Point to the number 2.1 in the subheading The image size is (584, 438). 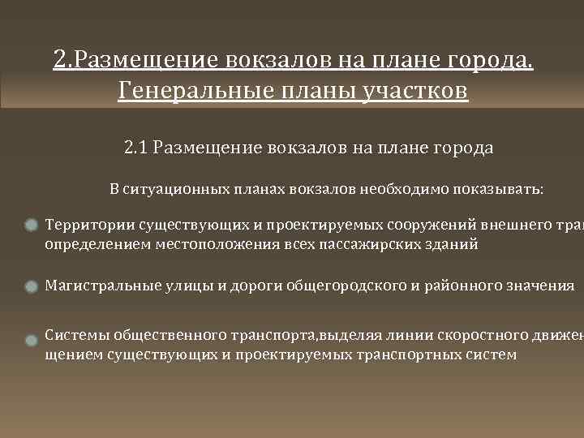(x=136, y=148)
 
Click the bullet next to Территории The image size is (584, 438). (x=32, y=225)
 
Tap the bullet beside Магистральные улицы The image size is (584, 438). (x=32, y=286)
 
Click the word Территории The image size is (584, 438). (x=90, y=225)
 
